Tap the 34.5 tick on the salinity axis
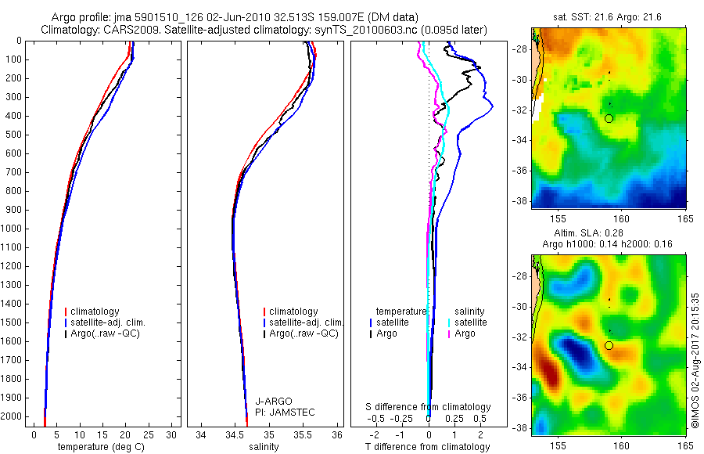235,434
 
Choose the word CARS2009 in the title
125,30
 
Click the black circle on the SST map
609,118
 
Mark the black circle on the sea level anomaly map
609,345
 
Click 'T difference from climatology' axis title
428,447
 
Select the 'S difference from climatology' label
429,407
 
